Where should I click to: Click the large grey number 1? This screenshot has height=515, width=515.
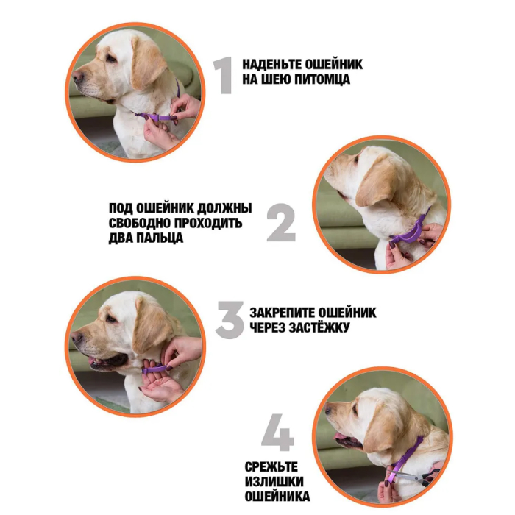click(224, 75)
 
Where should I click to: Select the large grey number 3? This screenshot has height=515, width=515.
click(230, 320)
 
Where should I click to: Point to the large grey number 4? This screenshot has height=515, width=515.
click(277, 433)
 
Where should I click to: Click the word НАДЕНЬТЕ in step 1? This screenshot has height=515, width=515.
click(271, 65)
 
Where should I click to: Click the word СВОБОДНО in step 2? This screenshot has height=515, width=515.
click(139, 223)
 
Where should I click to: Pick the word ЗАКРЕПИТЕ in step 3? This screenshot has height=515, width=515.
click(281, 313)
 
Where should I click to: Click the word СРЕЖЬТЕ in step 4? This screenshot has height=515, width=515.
click(271, 467)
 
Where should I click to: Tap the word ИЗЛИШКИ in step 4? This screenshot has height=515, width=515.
click(274, 482)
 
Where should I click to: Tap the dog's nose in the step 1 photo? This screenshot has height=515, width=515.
click(78, 77)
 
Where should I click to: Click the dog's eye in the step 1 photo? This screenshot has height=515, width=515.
click(110, 58)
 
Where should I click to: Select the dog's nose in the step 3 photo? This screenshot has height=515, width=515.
click(77, 337)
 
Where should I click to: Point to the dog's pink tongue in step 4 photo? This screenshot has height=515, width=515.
click(340, 436)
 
